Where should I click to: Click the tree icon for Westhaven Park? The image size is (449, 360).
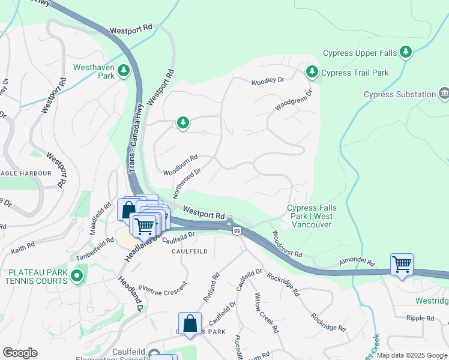(x=124, y=71)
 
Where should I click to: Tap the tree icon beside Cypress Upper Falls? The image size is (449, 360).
(x=407, y=53)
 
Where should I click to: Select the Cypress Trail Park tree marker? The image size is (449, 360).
(x=312, y=73)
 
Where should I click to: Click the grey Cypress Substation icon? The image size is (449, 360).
(x=444, y=94)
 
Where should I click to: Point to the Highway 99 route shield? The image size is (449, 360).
(x=237, y=230)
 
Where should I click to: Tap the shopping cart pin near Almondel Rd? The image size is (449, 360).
(x=402, y=263)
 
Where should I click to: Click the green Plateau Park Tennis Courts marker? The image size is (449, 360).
(x=76, y=276)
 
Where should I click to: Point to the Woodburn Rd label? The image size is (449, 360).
(x=180, y=165)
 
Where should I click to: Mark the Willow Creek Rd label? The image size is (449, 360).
(x=265, y=312)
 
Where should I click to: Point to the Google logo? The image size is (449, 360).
(x=20, y=353)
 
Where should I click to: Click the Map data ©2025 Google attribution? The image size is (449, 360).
(x=412, y=355)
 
